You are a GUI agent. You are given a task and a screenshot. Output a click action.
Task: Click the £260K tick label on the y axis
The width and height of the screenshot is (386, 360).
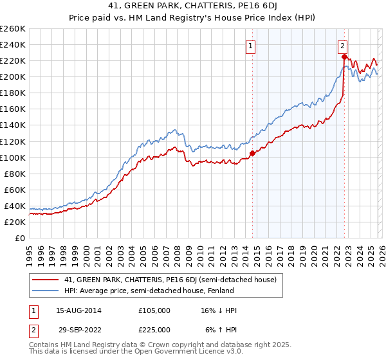13,29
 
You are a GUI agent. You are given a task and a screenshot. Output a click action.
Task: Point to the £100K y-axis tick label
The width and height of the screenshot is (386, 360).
13,157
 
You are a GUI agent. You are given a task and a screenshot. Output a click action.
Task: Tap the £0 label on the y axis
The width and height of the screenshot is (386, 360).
19,238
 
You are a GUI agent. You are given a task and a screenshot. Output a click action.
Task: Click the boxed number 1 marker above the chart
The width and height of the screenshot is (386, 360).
250,46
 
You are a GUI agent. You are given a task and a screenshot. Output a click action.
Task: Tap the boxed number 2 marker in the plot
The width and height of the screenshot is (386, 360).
343,46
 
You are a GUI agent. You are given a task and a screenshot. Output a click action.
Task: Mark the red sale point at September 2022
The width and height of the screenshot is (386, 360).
344,57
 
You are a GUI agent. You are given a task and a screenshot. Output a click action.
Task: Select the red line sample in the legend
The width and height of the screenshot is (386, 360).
45,280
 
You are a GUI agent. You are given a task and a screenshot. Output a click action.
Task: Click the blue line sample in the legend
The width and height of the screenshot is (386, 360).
45,291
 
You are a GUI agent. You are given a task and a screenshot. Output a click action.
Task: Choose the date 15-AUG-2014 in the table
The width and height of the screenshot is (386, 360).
74,310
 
